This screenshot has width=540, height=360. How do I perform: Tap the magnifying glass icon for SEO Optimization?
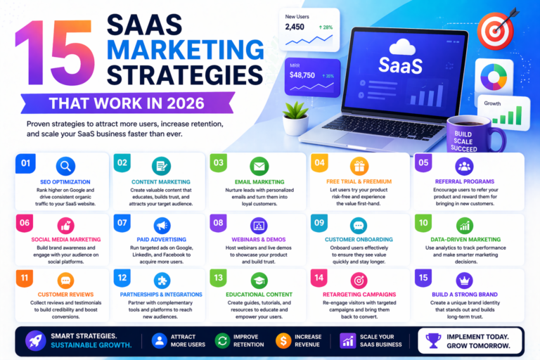click(65, 167)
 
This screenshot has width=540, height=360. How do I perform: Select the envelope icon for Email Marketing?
click(259, 167)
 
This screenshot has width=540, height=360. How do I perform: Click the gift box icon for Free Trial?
click(360, 167)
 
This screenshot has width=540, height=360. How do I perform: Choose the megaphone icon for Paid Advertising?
click(162, 226)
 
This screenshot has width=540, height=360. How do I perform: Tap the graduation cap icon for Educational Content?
click(259, 279)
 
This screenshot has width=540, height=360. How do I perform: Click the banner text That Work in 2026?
click(127, 104)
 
